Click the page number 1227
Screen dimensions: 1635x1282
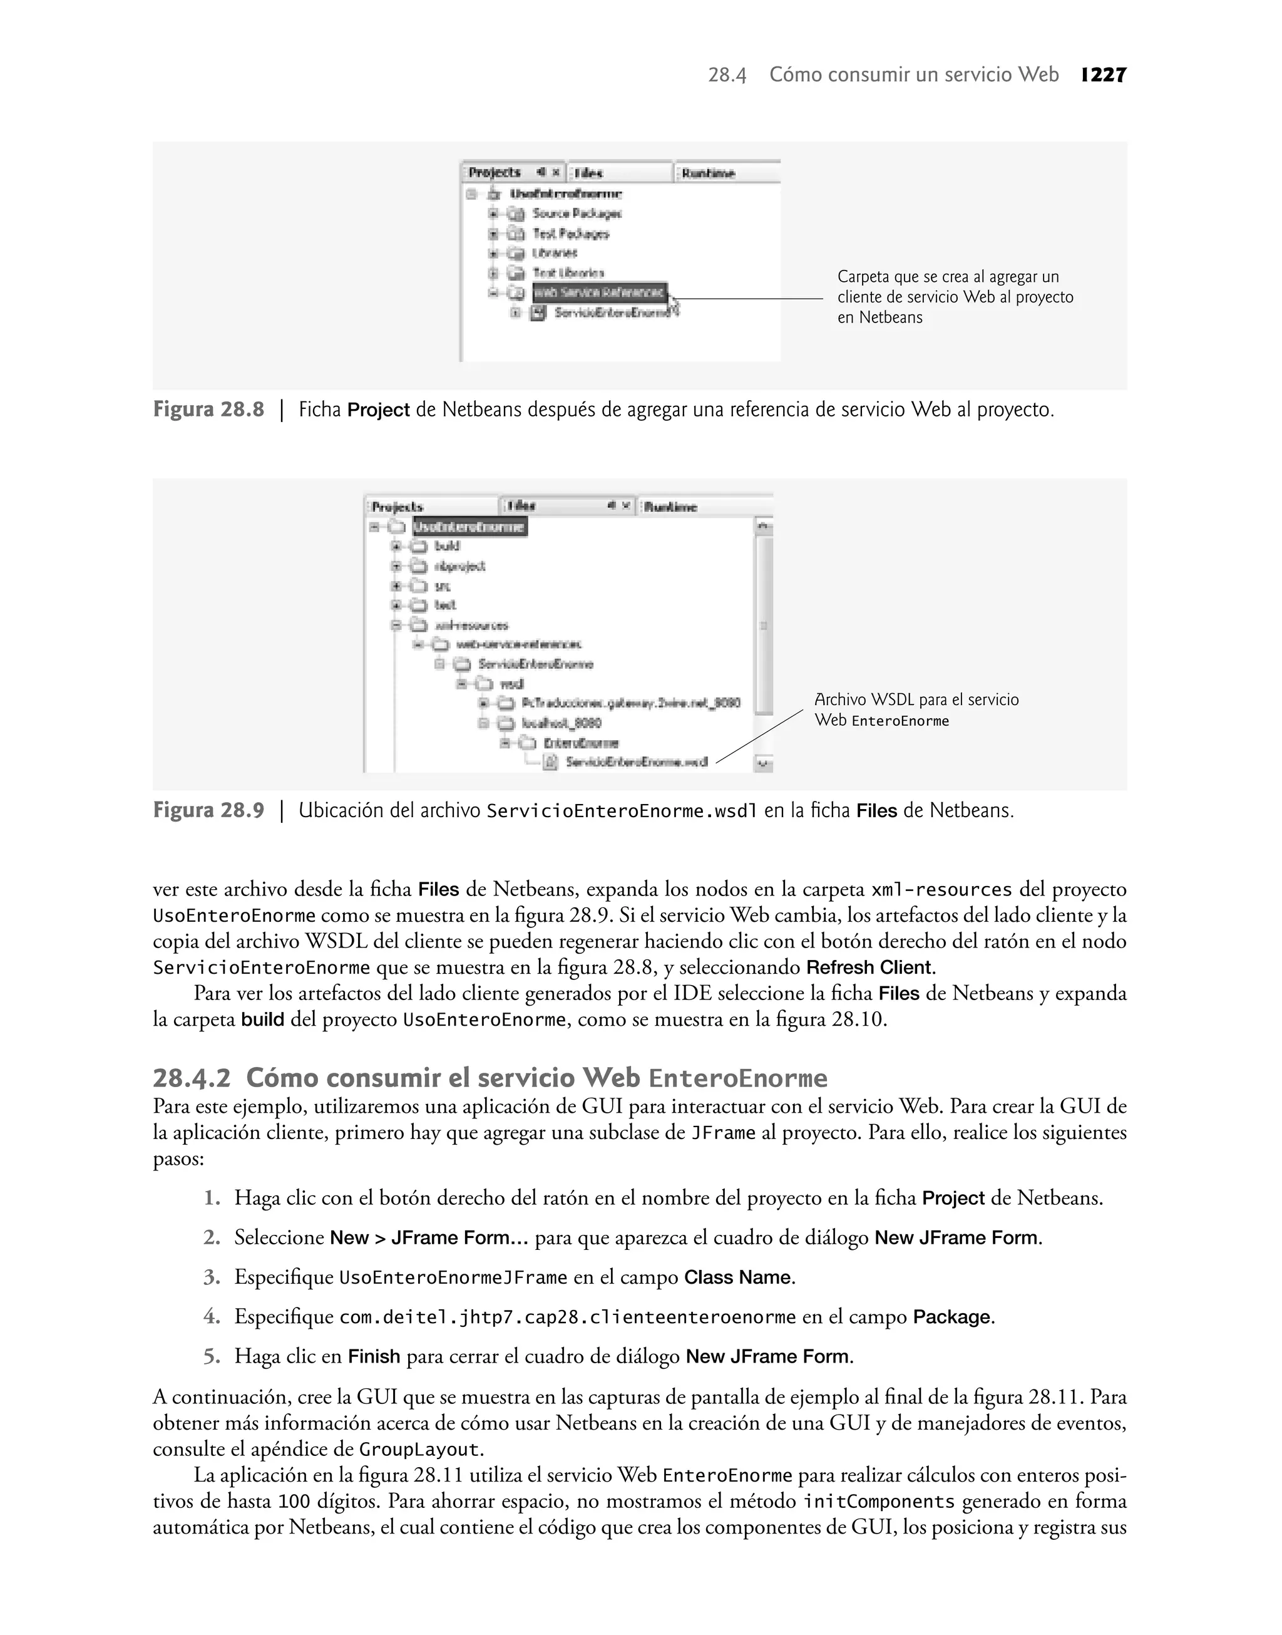pos(1104,75)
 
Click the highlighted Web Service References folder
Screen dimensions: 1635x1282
pos(599,292)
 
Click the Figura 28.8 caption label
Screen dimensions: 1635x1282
pos(208,410)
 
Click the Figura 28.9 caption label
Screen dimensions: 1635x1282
pos(208,811)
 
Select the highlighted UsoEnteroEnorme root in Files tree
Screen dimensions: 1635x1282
pos(470,527)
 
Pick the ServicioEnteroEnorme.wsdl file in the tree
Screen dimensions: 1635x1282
pos(636,762)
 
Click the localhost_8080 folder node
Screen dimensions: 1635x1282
pos(562,723)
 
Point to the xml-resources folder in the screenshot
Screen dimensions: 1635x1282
pos(471,626)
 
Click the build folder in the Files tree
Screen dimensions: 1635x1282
pos(448,547)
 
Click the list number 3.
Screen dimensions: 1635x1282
pos(212,1277)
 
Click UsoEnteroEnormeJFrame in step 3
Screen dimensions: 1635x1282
pos(453,1277)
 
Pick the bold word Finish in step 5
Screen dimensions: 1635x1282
pos(374,1356)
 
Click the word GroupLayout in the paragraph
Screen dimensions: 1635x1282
pos(418,1449)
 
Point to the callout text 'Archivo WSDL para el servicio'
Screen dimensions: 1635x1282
pos(916,699)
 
